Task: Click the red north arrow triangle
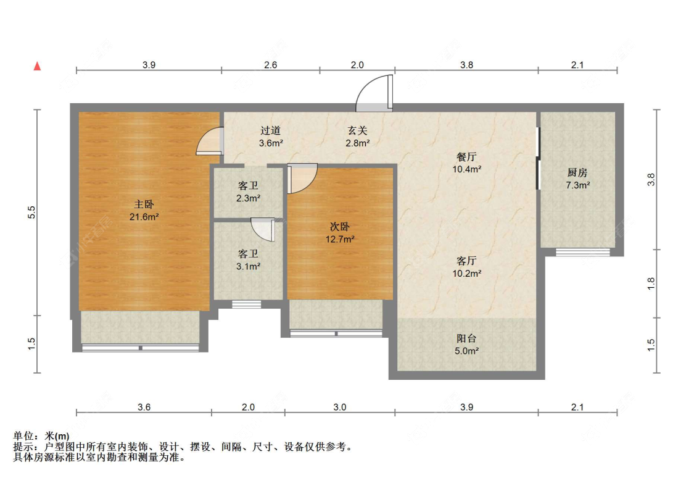[38, 66]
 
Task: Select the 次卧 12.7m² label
[341, 233]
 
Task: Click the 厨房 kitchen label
[578, 178]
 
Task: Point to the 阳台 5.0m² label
[466, 345]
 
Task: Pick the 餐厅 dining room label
[467, 162]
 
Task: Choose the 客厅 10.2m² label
[466, 266]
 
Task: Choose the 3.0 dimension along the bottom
[340, 407]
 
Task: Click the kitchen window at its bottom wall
[582, 251]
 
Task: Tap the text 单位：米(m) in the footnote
[36, 435]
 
